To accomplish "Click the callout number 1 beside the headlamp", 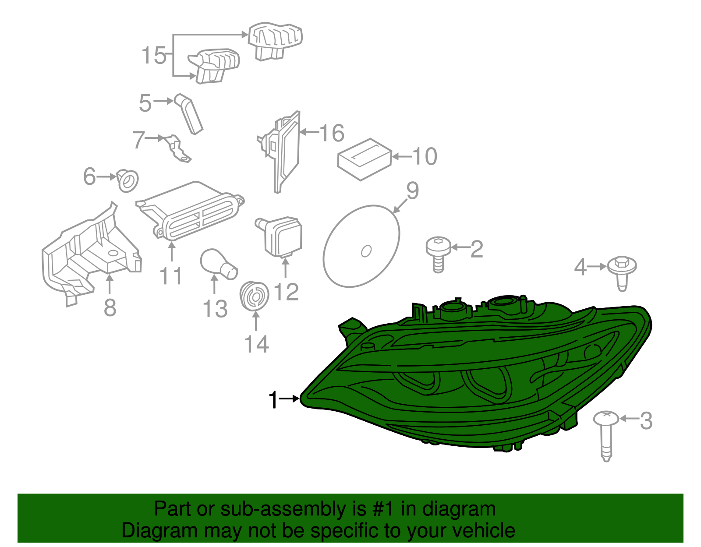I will (273, 400).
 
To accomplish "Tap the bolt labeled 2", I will (438, 254).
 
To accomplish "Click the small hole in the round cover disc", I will (366, 251).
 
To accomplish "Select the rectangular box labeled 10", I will (364, 159).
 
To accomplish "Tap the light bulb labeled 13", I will (218, 264).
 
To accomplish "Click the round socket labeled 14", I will (254, 296).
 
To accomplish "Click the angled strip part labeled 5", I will (190, 113).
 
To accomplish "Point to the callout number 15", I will (154, 56).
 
